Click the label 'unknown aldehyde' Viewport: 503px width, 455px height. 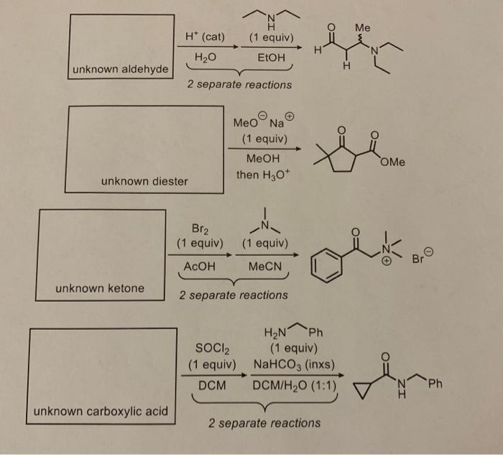tap(120, 69)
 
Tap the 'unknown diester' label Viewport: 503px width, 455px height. tap(144, 181)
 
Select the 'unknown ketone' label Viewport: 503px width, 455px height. tap(100, 288)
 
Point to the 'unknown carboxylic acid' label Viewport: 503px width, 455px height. tap(100, 412)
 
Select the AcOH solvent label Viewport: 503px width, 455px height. tap(200, 265)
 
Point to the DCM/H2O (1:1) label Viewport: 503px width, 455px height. tap(295, 385)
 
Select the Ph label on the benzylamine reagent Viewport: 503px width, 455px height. tap(317, 331)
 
